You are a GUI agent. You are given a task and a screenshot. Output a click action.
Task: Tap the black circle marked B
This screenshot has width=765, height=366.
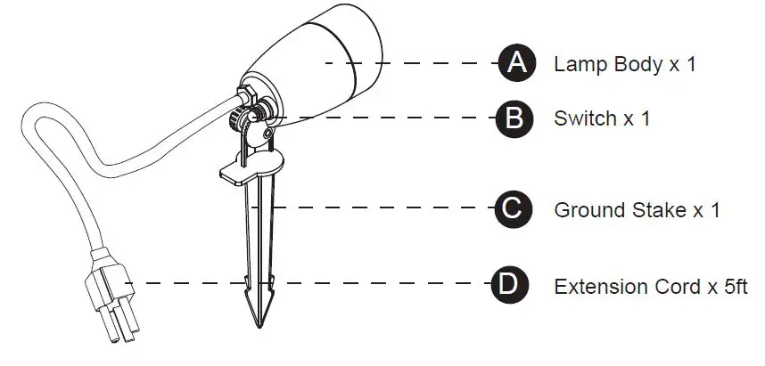tap(514, 118)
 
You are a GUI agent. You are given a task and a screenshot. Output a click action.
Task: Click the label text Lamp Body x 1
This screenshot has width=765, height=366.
tap(624, 65)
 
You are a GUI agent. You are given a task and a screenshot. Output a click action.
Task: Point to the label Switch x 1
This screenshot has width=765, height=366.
tap(602, 118)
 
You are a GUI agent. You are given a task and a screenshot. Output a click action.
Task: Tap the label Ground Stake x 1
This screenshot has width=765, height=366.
tap(637, 211)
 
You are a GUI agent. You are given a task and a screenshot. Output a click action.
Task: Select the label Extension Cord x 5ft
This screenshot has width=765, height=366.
tap(650, 287)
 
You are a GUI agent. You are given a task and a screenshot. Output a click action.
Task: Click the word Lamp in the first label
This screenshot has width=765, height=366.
tap(577, 65)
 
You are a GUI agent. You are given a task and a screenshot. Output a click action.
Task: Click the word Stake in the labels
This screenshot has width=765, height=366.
tap(652, 211)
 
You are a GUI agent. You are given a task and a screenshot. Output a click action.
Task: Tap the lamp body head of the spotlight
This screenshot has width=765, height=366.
tap(321, 58)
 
